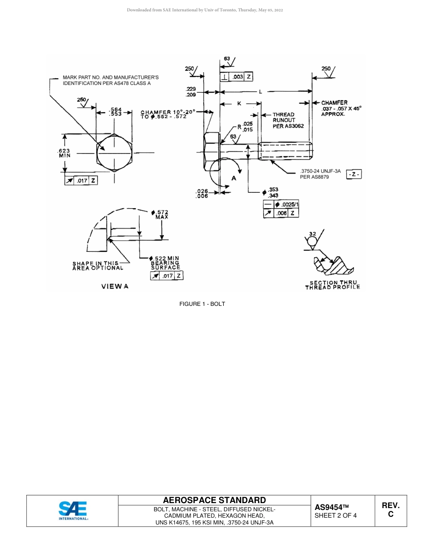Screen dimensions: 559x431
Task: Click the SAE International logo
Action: click(x=73, y=510)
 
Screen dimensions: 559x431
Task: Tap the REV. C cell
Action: click(x=391, y=510)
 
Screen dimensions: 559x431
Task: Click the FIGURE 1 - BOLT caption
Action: click(x=202, y=304)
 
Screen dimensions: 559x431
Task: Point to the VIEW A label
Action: click(x=115, y=286)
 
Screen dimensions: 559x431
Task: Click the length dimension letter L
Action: click(x=260, y=92)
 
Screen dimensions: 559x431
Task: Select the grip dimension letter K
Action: click(x=239, y=104)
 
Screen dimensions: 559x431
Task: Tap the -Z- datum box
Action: click(x=354, y=175)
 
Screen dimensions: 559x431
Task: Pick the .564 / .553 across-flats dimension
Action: click(x=115, y=112)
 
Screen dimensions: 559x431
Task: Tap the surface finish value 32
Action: click(x=312, y=234)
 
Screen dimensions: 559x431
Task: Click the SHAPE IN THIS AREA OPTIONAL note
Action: click(x=98, y=266)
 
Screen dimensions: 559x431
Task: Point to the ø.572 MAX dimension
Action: click(x=160, y=215)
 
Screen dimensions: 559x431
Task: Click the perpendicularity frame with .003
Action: click(x=236, y=77)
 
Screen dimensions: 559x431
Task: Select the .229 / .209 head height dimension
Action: click(x=191, y=92)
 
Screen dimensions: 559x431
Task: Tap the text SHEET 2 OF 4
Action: click(x=335, y=515)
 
